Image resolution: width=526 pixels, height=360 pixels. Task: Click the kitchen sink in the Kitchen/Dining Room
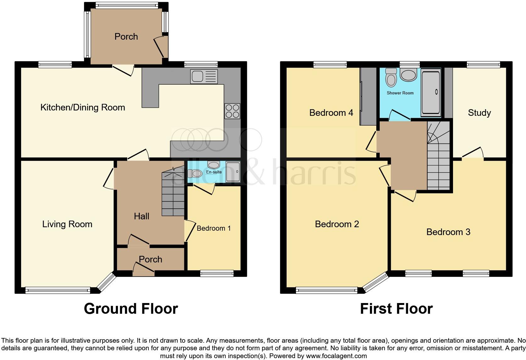pos(204,76)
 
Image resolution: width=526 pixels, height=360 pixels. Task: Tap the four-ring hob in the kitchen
pos(232,111)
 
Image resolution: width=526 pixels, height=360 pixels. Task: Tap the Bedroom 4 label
pos(331,113)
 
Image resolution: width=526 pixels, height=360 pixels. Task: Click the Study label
pos(479,113)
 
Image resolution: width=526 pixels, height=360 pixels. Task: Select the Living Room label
pos(67,224)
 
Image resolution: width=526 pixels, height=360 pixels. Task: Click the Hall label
pos(142,216)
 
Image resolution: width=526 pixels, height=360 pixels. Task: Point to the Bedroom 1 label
pos(214,228)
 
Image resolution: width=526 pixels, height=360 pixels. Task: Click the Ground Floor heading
pos(131,309)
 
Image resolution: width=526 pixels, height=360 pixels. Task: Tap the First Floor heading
pos(396,309)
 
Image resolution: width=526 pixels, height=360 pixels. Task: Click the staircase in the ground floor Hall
pos(173,195)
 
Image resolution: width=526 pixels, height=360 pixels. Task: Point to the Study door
pos(473,153)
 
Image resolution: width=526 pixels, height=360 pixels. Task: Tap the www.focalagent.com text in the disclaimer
pos(336,356)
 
